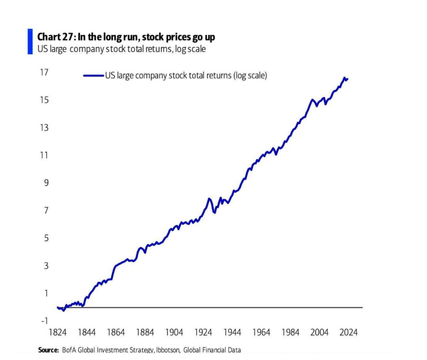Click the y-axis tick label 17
pyautogui.click(x=44, y=72)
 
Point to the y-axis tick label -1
pyautogui.click(x=45, y=321)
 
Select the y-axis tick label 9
pyautogui.click(x=46, y=183)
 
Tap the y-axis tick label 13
pyautogui.click(x=44, y=128)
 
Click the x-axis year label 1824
pyautogui.click(x=57, y=332)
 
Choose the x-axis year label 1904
pyautogui.click(x=174, y=332)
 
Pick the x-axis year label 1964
pyautogui.click(x=261, y=332)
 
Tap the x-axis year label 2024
pyautogui.click(x=349, y=332)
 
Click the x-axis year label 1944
pyautogui.click(x=232, y=332)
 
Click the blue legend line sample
pyautogui.click(x=93, y=75)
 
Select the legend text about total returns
pyautogui.click(x=186, y=75)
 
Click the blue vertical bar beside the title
pyautogui.click(x=30, y=41)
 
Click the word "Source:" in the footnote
pyautogui.click(x=49, y=350)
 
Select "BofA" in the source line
pyautogui.click(x=69, y=350)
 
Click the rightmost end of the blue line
pyautogui.click(x=348, y=79)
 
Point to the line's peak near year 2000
pyautogui.click(x=312, y=100)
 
